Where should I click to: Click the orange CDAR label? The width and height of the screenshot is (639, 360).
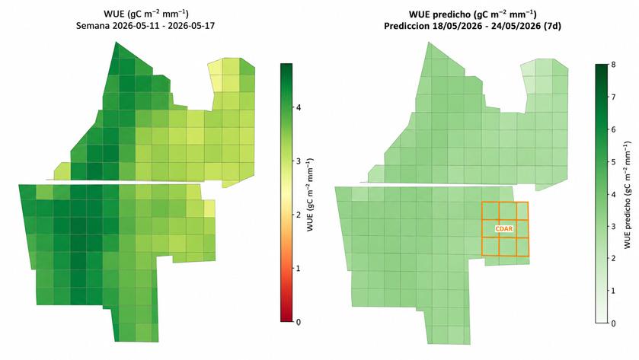click(x=504, y=229)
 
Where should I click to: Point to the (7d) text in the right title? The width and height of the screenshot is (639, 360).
click(x=552, y=26)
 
